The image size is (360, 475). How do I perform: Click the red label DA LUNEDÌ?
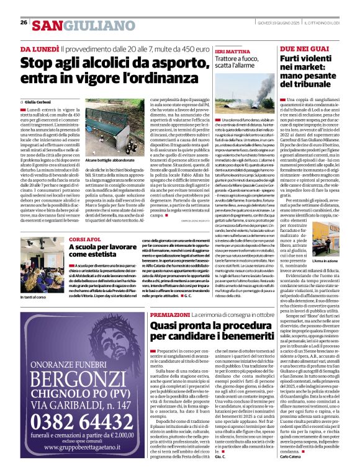39,48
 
